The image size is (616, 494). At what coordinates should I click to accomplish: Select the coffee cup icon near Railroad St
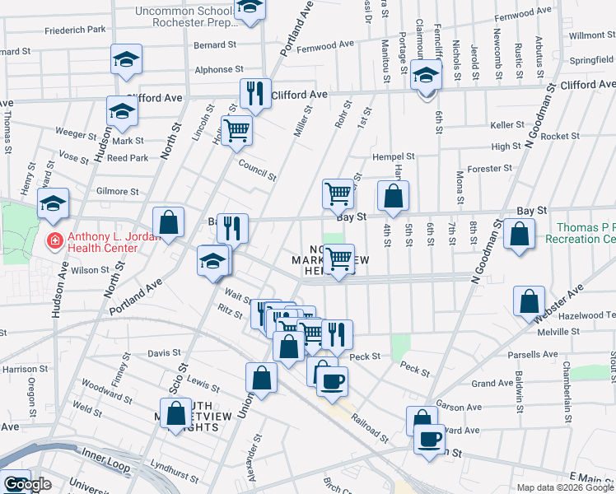(332, 381)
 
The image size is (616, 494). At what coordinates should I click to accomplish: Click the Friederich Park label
(75, 30)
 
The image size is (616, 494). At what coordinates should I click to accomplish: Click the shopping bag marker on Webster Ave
(529, 301)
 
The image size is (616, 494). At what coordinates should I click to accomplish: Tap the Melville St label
(558, 331)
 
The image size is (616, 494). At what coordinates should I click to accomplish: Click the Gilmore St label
(117, 191)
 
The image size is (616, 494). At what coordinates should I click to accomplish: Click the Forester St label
(490, 169)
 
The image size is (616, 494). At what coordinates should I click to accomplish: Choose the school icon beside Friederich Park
(126, 59)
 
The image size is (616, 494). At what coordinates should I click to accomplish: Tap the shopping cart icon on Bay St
(338, 195)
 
